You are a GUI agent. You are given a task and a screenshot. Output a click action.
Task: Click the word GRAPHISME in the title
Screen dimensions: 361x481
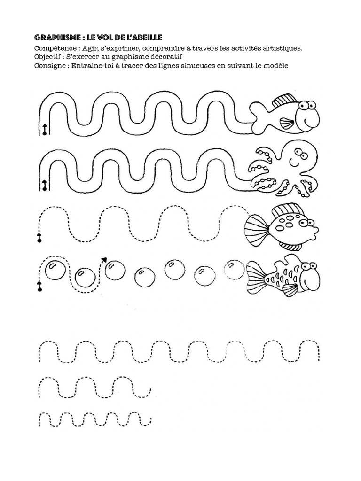point(57,38)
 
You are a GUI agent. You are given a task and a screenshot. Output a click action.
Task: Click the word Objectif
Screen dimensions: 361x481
point(47,57)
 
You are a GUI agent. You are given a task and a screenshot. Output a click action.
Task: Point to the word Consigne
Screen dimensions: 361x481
point(49,66)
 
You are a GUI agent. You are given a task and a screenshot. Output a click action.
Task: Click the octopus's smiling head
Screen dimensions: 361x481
point(298,158)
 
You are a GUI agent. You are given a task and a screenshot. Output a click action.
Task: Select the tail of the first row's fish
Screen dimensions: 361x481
point(259,118)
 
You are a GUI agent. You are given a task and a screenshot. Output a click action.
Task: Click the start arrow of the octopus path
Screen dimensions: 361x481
point(45,186)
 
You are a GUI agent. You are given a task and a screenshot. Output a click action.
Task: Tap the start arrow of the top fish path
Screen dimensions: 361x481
point(45,130)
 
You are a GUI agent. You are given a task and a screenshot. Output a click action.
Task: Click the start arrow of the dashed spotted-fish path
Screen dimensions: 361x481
point(39,238)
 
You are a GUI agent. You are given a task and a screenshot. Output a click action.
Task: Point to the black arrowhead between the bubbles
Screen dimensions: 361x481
point(104,259)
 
